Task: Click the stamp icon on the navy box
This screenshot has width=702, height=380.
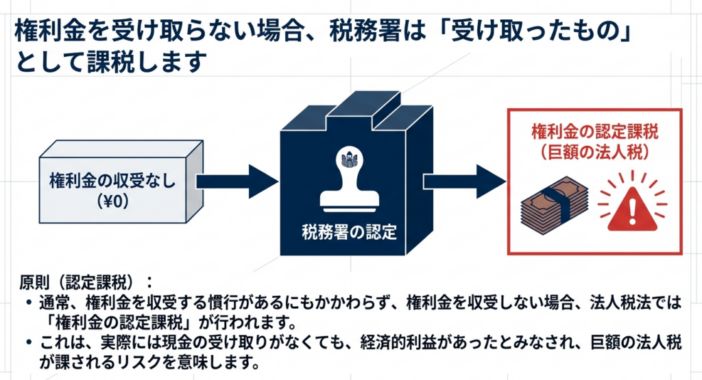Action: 350,177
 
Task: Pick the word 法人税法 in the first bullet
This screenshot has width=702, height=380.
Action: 636,303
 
